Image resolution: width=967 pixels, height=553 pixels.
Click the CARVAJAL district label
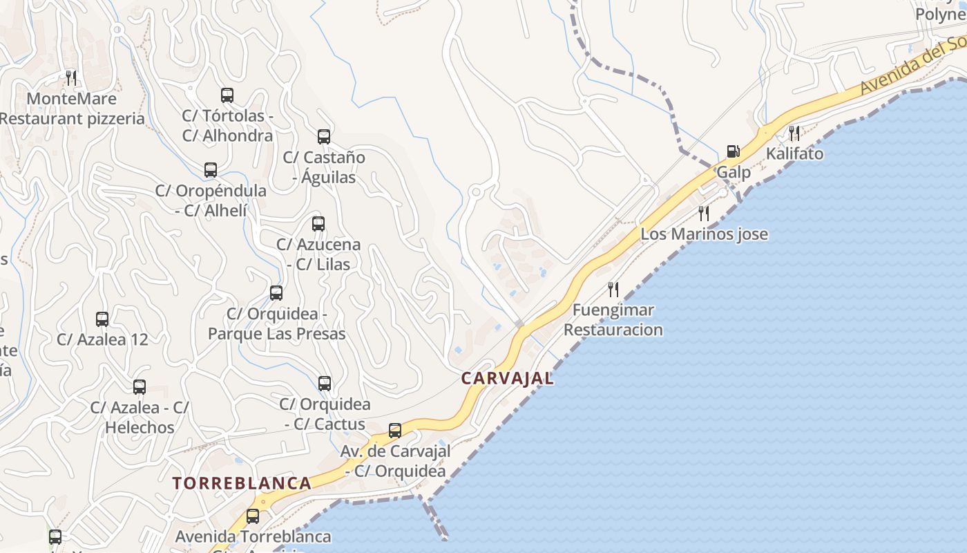(507, 378)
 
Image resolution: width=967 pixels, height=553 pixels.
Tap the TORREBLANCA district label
(242, 483)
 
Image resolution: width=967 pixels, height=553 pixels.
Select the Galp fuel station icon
(733, 151)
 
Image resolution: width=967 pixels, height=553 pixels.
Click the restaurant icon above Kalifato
(794, 133)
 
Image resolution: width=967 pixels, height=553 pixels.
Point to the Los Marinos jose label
(704, 234)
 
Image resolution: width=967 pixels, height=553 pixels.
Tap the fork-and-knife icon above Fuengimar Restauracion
(613, 289)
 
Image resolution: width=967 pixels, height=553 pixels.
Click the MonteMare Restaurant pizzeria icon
(71, 77)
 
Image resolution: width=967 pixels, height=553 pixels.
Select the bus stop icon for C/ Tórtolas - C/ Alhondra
(227, 95)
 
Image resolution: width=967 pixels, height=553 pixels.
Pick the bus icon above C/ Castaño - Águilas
(324, 137)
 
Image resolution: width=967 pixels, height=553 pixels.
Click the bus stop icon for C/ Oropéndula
(211, 170)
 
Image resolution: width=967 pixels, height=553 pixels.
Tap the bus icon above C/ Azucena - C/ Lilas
(318, 224)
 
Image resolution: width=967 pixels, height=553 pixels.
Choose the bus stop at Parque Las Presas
(276, 293)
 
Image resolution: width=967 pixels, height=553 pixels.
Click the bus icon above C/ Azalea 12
(102, 319)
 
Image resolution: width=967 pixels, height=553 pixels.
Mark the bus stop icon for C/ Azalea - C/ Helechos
(140, 387)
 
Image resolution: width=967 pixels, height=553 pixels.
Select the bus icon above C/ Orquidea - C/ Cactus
(325, 384)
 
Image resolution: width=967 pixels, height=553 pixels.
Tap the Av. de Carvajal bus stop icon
(395, 431)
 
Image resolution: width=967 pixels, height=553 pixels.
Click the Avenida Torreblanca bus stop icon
(253, 516)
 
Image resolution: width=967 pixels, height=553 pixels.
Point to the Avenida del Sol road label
(912, 66)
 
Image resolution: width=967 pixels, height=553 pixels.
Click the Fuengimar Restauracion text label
(613, 320)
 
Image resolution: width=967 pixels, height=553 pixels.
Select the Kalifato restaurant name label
(795, 153)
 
